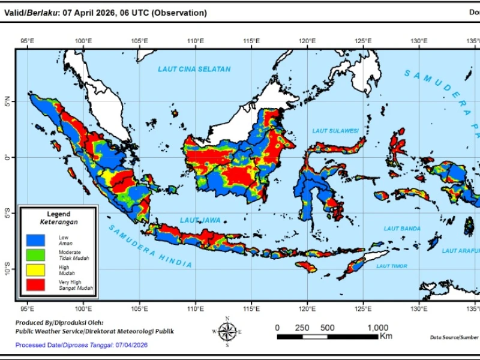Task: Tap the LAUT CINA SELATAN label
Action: (194, 69)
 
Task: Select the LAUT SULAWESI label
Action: (335, 130)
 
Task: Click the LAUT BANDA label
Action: (402, 229)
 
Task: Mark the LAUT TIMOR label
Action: (392, 266)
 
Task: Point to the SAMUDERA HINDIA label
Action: (151, 247)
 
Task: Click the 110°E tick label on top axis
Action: (195, 41)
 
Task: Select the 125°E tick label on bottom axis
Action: (363, 309)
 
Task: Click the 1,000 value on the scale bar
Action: (377, 328)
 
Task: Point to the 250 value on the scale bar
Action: (302, 328)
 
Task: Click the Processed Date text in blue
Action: (81, 345)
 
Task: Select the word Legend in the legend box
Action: (58, 214)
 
